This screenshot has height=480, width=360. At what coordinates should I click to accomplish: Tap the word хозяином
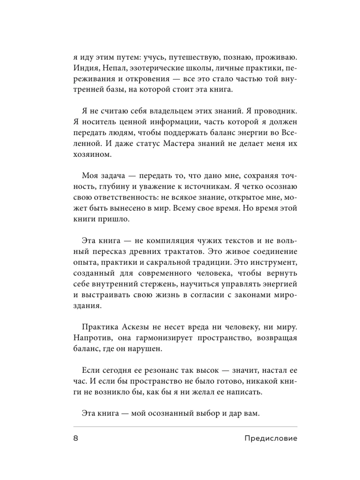(91, 154)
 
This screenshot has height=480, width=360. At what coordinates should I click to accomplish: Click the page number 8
(76, 438)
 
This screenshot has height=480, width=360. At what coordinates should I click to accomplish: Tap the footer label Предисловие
(270, 438)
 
